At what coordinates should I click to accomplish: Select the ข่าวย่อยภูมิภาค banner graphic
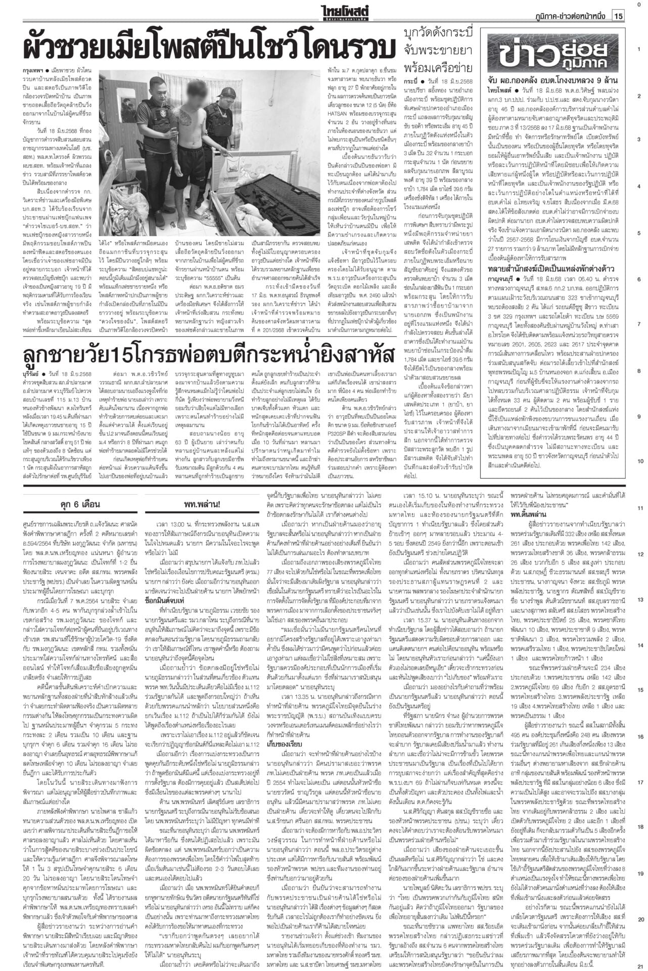(554, 51)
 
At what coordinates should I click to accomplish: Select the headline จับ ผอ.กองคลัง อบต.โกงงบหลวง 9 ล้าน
(553, 80)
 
